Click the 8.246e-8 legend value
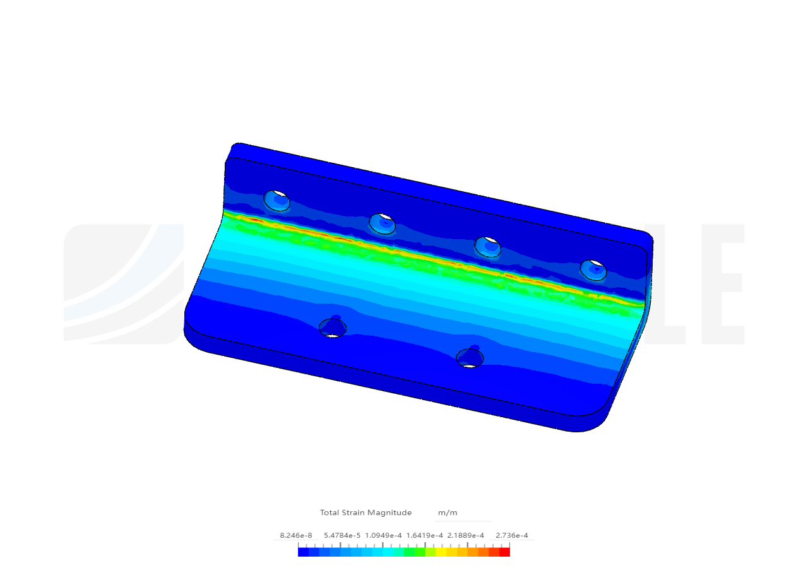[x=296, y=536]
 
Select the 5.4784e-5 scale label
[x=342, y=536]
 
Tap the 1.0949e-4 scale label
[x=383, y=536]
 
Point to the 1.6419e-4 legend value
[x=425, y=536]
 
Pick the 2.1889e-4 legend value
[x=466, y=536]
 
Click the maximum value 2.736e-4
[x=511, y=536]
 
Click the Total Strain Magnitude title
[x=365, y=512]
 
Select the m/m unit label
[x=448, y=512]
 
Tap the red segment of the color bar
[x=504, y=552]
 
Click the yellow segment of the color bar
[x=441, y=552]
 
